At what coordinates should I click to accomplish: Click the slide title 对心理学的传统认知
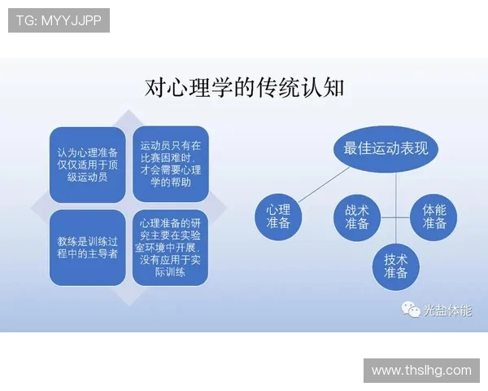244,87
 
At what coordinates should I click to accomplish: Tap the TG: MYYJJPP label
59,20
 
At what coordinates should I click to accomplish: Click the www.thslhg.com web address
421,370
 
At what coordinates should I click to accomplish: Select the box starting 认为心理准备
87,164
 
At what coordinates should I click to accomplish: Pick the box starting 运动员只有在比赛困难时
170,164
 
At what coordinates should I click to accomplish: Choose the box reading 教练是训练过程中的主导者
87,248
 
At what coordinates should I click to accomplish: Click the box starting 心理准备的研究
170,248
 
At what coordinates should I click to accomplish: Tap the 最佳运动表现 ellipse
386,149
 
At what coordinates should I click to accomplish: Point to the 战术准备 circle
356,216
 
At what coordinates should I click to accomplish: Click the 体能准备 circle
434,216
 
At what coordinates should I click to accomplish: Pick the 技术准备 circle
395,266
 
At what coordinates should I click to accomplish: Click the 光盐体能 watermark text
447,310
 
